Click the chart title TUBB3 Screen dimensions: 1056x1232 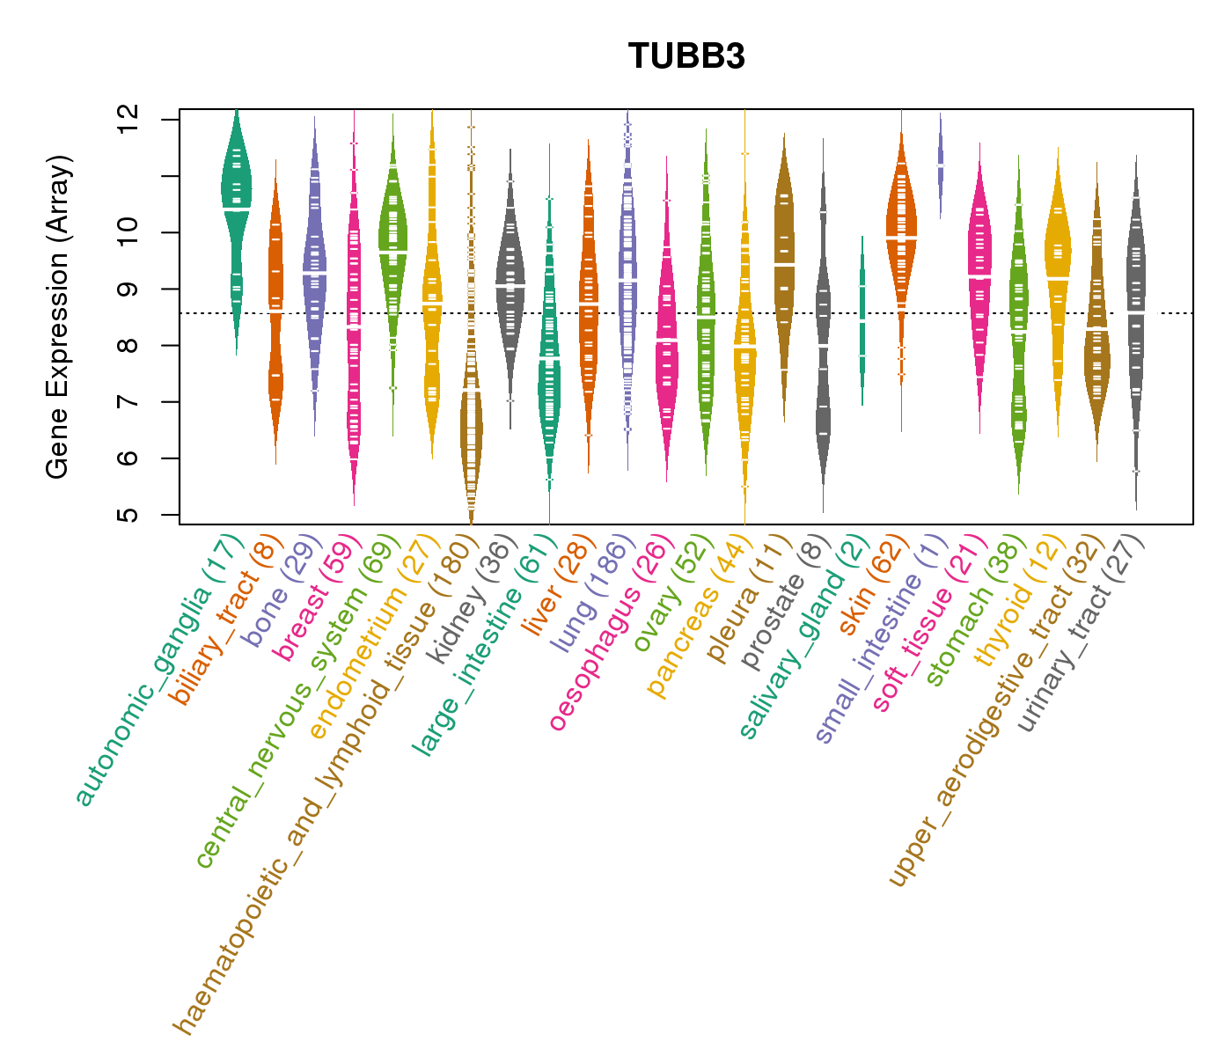(686, 56)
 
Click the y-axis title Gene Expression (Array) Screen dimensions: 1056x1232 (58, 317)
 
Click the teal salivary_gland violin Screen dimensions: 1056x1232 (862, 317)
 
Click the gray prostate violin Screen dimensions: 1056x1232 (823, 352)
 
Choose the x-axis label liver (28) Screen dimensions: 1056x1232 (554, 590)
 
